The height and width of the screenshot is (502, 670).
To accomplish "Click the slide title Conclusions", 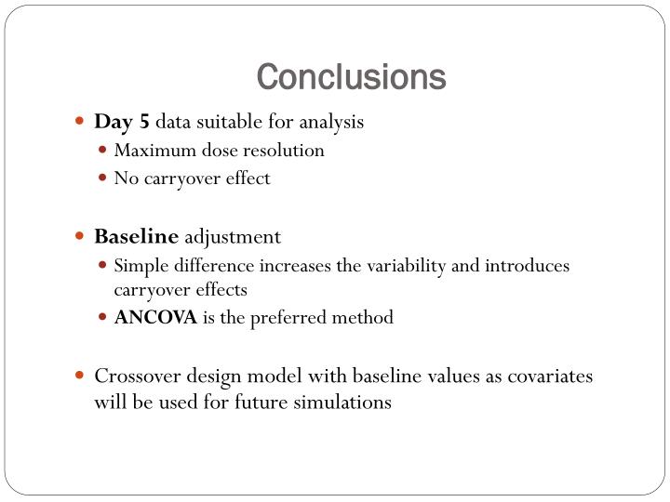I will [x=351, y=77].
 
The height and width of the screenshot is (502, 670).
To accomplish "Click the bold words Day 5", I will [x=122, y=122].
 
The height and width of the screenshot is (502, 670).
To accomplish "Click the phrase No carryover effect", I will [x=192, y=178].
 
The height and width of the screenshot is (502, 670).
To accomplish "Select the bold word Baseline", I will [x=136, y=237].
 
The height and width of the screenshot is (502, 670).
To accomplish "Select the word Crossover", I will [x=136, y=376].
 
